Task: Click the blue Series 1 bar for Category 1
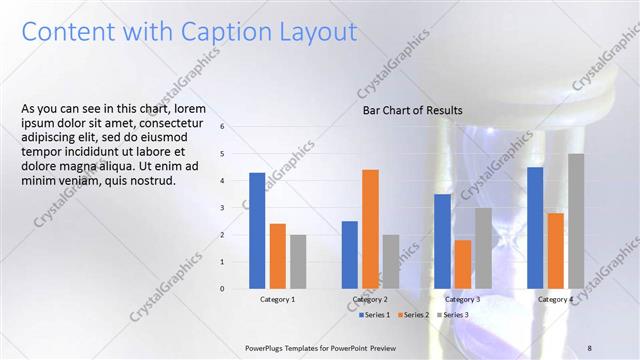[x=257, y=231]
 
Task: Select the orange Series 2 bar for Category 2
[x=370, y=229]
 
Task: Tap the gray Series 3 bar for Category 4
[x=576, y=221]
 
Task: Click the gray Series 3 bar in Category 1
[x=298, y=262]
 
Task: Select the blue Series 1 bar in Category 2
[x=349, y=255]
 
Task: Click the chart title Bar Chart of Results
[x=412, y=110]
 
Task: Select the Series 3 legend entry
[x=453, y=315]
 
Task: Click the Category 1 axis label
[x=277, y=300]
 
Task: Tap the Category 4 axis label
[x=555, y=300]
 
